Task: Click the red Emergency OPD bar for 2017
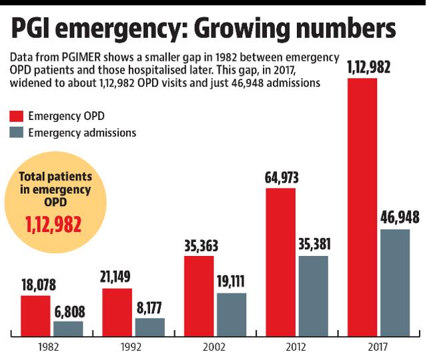click(x=362, y=207)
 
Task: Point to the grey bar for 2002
click(x=232, y=313)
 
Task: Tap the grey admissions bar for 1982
click(x=69, y=327)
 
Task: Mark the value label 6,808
click(x=69, y=310)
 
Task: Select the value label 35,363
click(x=199, y=245)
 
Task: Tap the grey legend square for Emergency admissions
click(x=17, y=133)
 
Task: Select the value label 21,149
click(x=118, y=277)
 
